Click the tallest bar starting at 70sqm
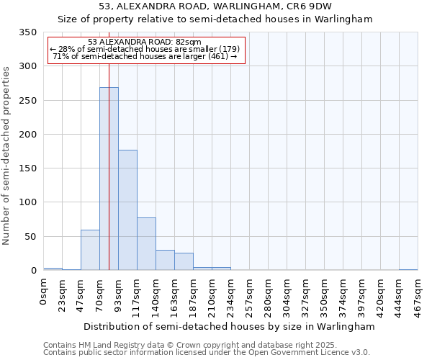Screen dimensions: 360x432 pos(109,179)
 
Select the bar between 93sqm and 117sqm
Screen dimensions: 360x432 pos(127,210)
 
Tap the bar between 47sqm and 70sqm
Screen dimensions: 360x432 pos(90,250)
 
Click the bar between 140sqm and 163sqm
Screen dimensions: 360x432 pos(165,260)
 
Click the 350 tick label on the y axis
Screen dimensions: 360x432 pos(28,32)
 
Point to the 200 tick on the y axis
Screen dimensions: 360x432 pos(28,135)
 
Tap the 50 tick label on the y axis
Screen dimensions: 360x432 pos(31,237)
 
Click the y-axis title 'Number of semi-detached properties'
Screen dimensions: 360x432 pos(6,155)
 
